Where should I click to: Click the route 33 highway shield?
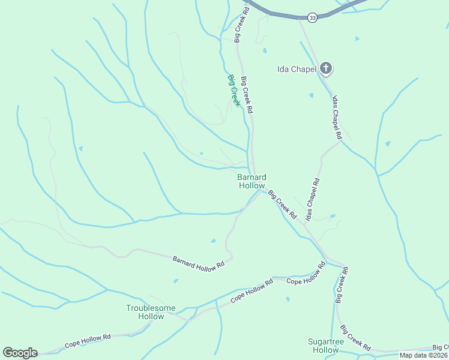pyautogui.click(x=312, y=18)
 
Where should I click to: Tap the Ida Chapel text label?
pyautogui.click(x=297, y=69)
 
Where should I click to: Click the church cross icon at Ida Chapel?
pyautogui.click(x=325, y=68)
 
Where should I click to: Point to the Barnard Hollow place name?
pyautogui.click(x=252, y=181)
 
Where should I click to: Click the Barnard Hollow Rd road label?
pyautogui.click(x=198, y=262)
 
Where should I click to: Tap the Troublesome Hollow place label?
pyautogui.click(x=151, y=312)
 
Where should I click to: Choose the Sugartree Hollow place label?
pyautogui.click(x=324, y=346)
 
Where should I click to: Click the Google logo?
pyautogui.click(x=20, y=352)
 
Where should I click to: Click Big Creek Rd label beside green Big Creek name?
pyautogui.click(x=247, y=95)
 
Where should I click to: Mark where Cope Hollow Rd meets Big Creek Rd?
pyautogui.click(x=326, y=262)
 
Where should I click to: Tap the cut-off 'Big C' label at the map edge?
pyautogui.click(x=441, y=347)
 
